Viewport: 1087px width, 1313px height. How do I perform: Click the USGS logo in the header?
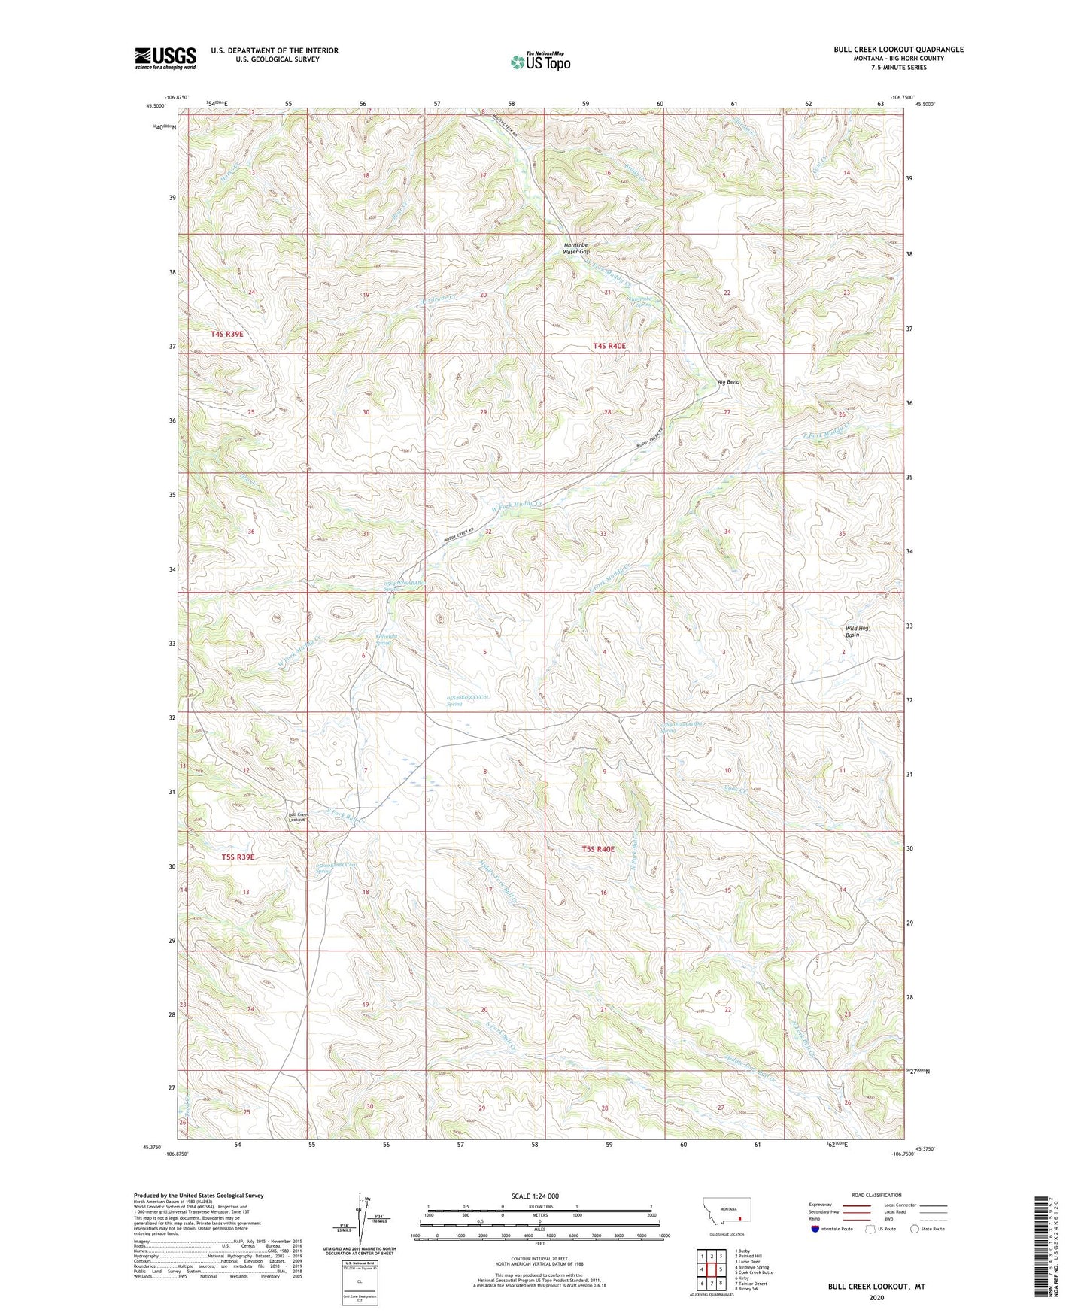pyautogui.click(x=165, y=58)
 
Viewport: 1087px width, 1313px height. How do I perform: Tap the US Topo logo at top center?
pyautogui.click(x=539, y=62)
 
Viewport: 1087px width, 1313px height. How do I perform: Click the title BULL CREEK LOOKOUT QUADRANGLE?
pyautogui.click(x=897, y=50)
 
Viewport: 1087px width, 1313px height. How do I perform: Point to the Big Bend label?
pyautogui.click(x=728, y=382)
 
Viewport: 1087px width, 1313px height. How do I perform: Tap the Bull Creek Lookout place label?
pyautogui.click(x=299, y=817)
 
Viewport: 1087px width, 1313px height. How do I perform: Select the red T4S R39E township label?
pyautogui.click(x=227, y=333)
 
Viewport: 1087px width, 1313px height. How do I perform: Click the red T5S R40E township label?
pyautogui.click(x=598, y=849)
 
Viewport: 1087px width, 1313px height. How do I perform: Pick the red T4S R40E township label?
pyautogui.click(x=609, y=346)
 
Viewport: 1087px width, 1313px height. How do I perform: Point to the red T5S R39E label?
pyautogui.click(x=238, y=857)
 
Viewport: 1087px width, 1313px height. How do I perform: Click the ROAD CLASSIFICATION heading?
pyautogui.click(x=876, y=1195)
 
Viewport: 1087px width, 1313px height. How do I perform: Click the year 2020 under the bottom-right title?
pyautogui.click(x=876, y=1297)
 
